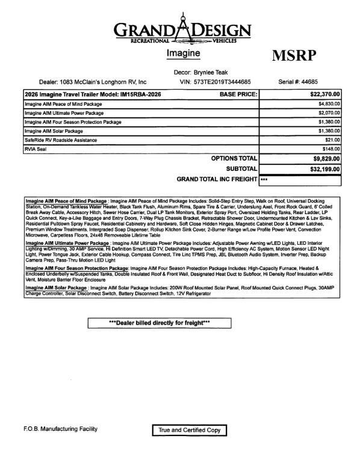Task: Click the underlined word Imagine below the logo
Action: point(182,54)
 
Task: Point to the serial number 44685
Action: point(322,81)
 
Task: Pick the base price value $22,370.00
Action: point(324,94)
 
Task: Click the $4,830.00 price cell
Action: point(329,104)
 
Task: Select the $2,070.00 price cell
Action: point(329,113)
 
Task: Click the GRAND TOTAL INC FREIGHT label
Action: point(217,179)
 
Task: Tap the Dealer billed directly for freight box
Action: point(159,323)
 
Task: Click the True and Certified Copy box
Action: point(189,430)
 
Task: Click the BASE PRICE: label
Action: point(238,94)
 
